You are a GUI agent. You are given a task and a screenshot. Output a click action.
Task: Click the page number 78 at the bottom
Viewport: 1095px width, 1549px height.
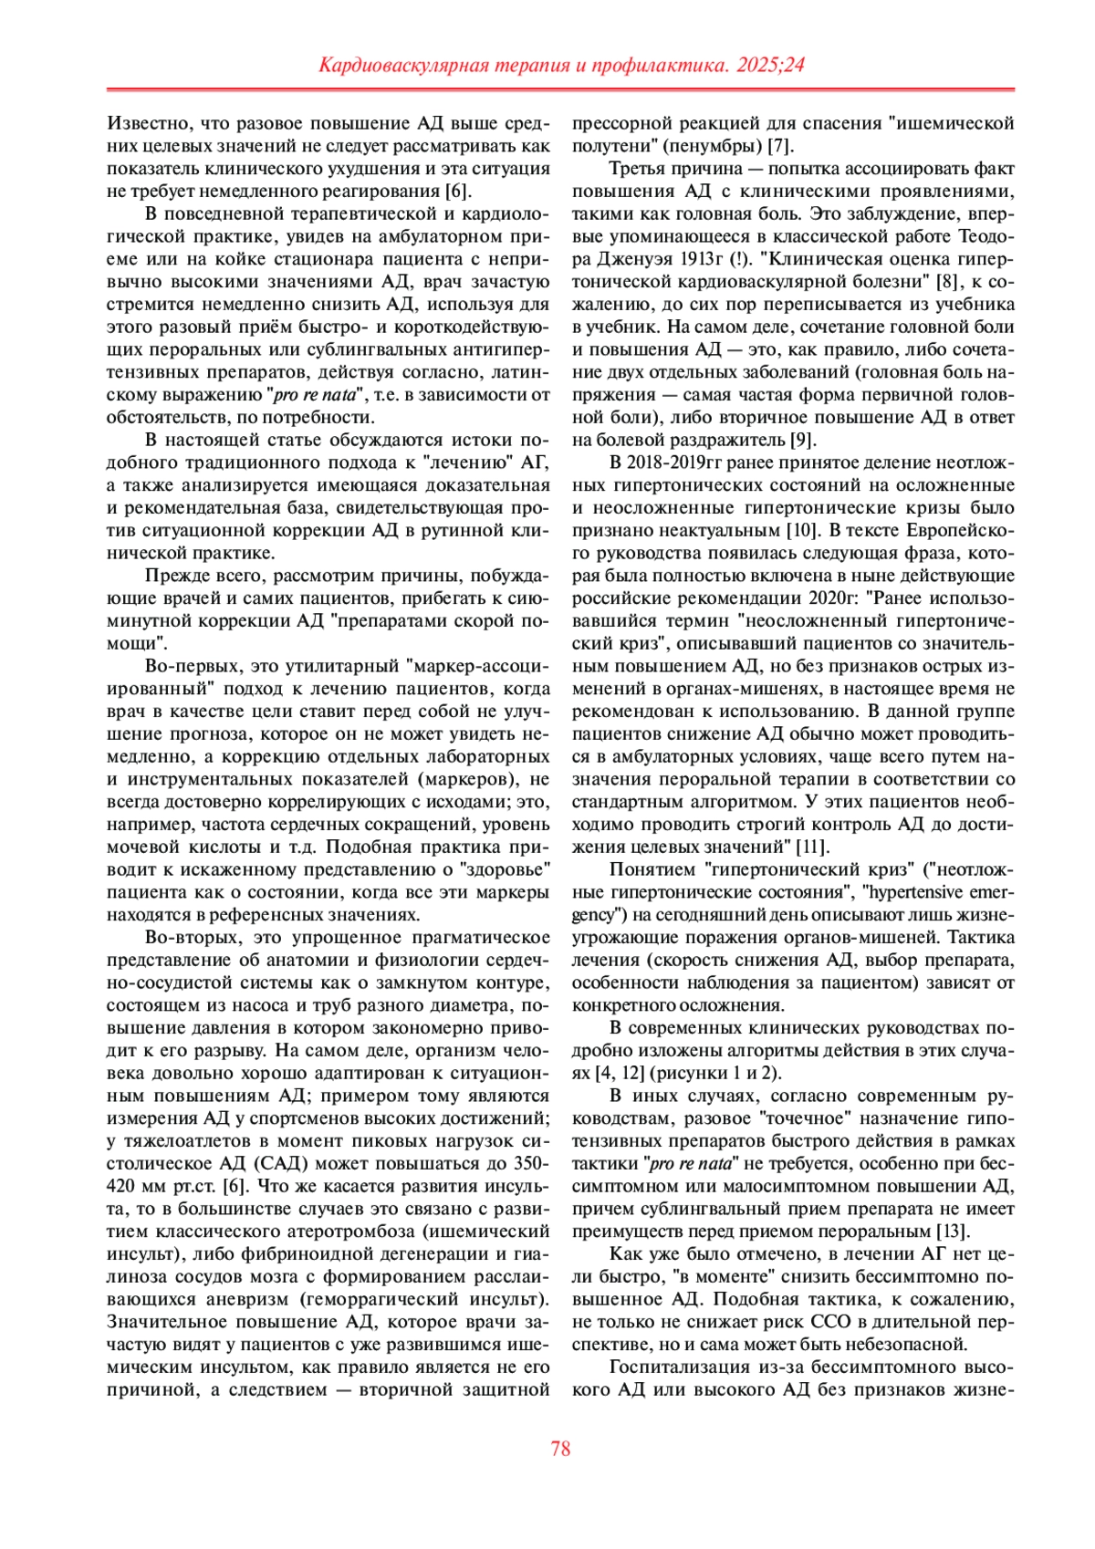[560, 1449]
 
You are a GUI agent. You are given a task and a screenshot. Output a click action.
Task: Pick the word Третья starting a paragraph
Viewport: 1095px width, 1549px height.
[638, 169]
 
